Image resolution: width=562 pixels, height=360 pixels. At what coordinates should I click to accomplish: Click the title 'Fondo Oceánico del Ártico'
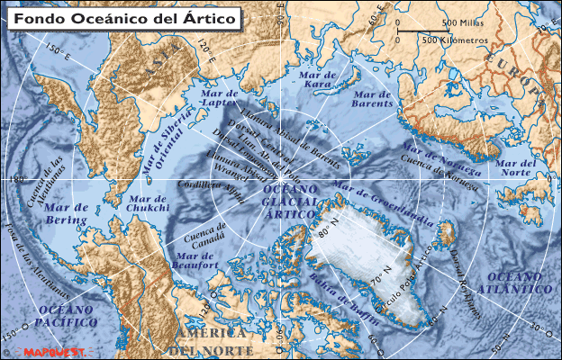(124, 17)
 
